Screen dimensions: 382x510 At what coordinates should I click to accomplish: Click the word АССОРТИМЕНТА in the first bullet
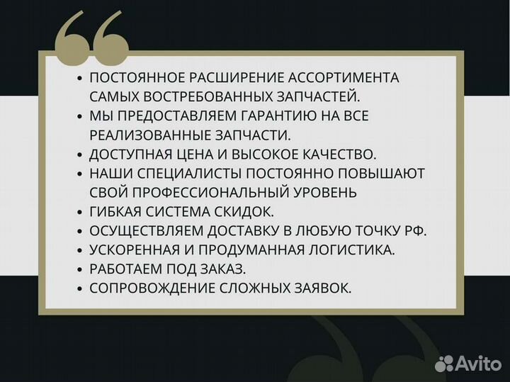click(344, 77)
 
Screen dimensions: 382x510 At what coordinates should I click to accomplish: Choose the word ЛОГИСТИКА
click(353, 249)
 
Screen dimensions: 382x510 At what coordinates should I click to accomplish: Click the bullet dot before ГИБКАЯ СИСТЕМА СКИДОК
click(80, 212)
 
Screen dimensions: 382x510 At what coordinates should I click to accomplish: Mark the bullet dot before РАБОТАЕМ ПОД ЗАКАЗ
click(80, 269)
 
